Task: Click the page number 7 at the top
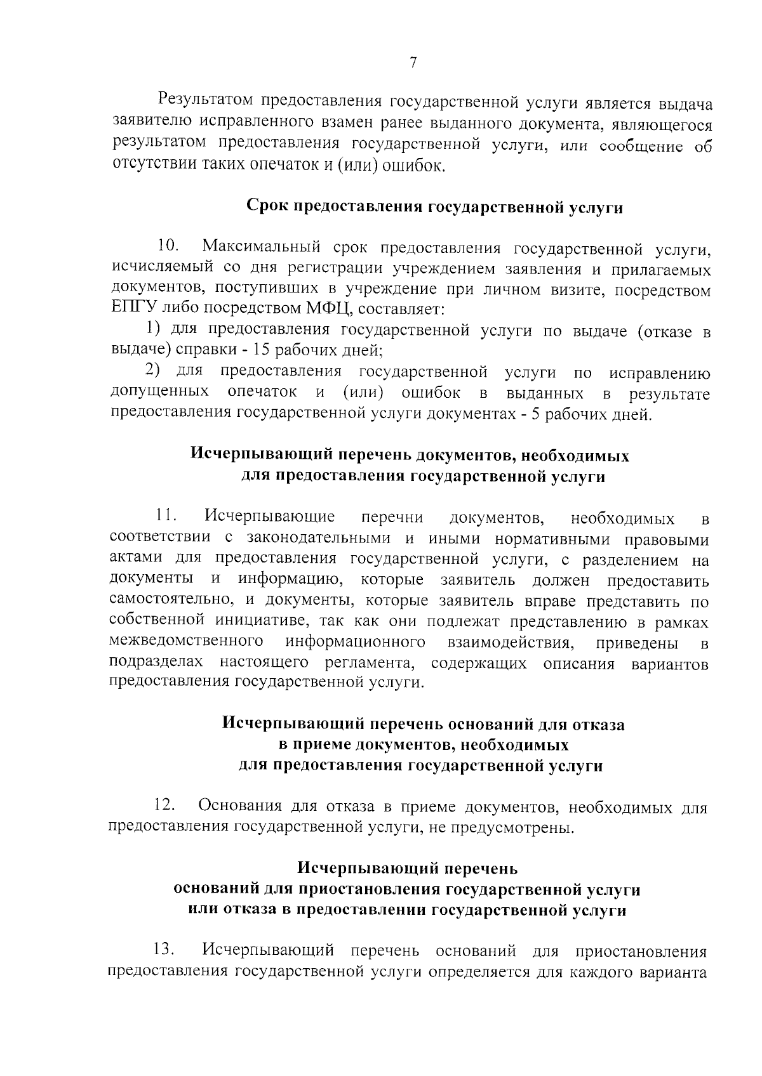click(x=413, y=62)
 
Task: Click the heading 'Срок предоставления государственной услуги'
click(x=434, y=207)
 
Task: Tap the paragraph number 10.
click(x=168, y=246)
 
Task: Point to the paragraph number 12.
click(x=164, y=806)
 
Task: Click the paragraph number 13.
click(x=164, y=950)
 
